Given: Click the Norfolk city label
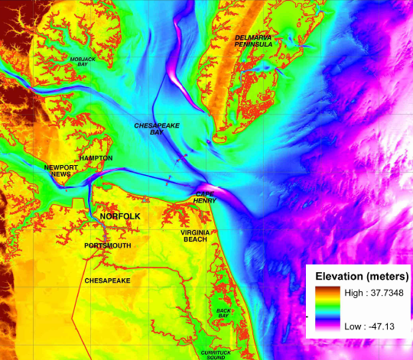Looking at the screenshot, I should point(120,218).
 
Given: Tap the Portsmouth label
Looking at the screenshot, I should point(108,245).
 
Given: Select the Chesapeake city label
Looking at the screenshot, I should point(107,281).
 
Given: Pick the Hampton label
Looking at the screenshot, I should point(95,158).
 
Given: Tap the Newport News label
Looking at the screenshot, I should point(58,170).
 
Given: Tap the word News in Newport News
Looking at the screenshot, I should point(58,174).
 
